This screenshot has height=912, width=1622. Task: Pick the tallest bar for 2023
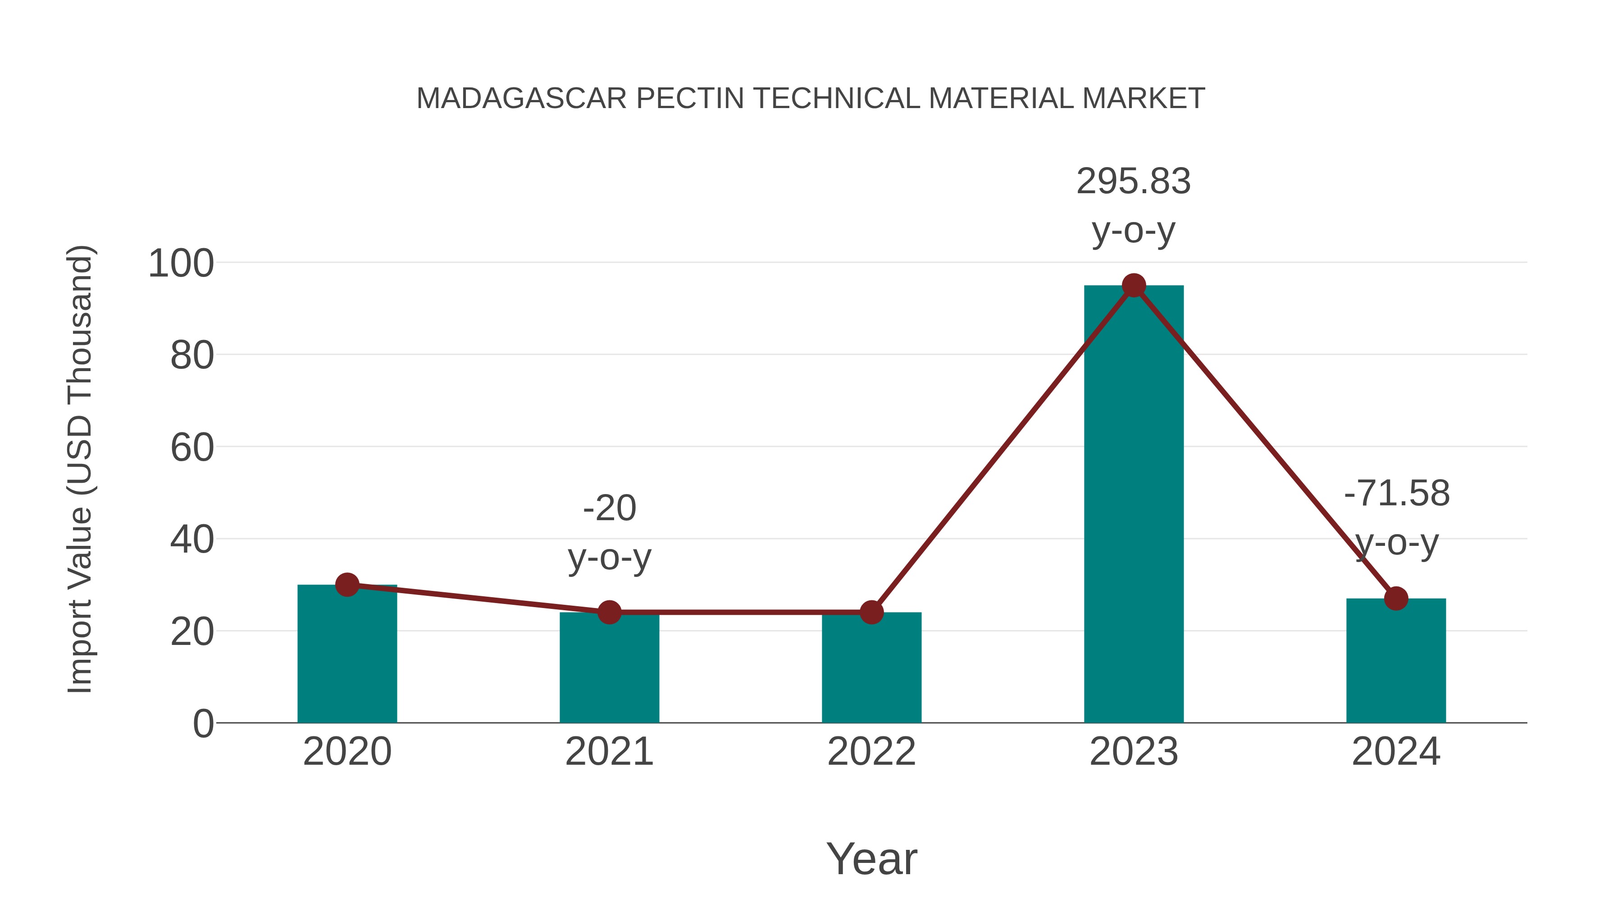[1134, 504]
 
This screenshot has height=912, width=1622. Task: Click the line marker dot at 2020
[347, 585]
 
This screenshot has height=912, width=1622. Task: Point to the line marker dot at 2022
[871, 612]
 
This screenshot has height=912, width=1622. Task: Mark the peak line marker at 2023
[1134, 286]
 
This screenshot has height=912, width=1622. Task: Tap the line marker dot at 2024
[1396, 598]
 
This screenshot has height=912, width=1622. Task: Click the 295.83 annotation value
[1134, 181]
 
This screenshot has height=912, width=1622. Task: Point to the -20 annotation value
[610, 508]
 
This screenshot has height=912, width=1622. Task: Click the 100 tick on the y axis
[181, 264]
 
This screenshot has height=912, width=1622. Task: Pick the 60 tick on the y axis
[191, 448]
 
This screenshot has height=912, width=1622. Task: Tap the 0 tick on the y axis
[203, 724]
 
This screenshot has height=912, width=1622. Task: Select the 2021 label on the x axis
[609, 752]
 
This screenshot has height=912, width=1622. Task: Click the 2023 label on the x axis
[1134, 752]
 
